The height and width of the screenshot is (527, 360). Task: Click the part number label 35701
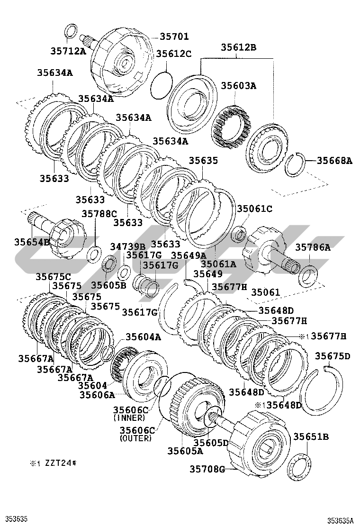click(x=174, y=36)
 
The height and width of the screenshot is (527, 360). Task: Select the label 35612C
click(x=174, y=54)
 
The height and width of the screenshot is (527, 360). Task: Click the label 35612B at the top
click(x=238, y=47)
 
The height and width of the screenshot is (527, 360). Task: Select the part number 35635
click(x=203, y=161)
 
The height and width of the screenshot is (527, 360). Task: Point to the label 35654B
click(x=32, y=242)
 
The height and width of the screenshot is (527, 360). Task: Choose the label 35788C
click(x=99, y=213)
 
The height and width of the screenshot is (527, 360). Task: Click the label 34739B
click(x=127, y=246)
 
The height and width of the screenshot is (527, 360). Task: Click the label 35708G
click(x=207, y=469)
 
